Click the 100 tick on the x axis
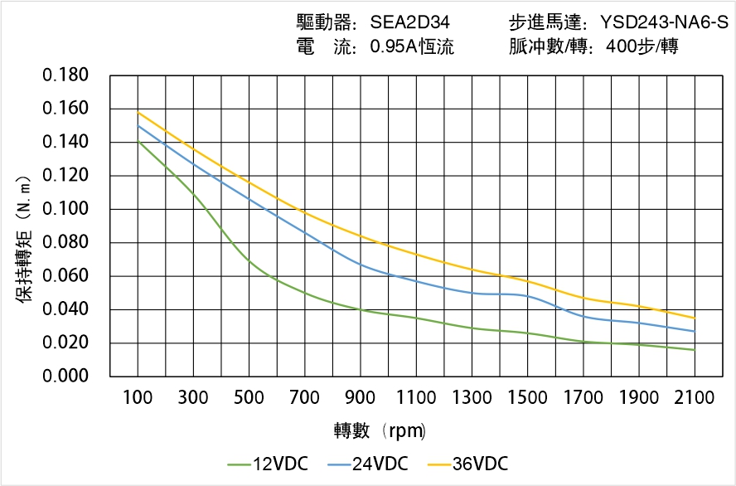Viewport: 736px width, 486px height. tap(138, 398)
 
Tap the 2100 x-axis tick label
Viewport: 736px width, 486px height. tap(695, 398)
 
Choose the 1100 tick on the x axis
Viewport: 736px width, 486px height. tap(416, 398)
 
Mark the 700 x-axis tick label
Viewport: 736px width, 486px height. tap(305, 398)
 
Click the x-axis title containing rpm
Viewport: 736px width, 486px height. tap(380, 430)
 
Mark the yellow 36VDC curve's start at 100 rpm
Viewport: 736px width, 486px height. tap(138, 112)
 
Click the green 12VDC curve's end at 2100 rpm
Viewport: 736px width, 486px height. tap(695, 350)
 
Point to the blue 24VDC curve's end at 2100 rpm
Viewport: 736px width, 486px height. tap(695, 332)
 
